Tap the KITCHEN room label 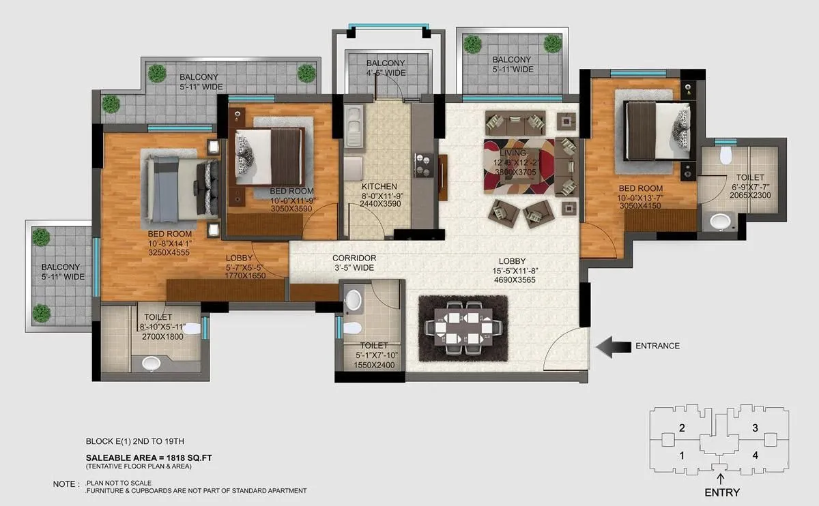click(x=379, y=187)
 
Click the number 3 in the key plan click(x=755, y=428)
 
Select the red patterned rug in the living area click(x=519, y=166)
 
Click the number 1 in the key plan click(x=681, y=455)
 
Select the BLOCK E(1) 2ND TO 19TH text click(x=135, y=441)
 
